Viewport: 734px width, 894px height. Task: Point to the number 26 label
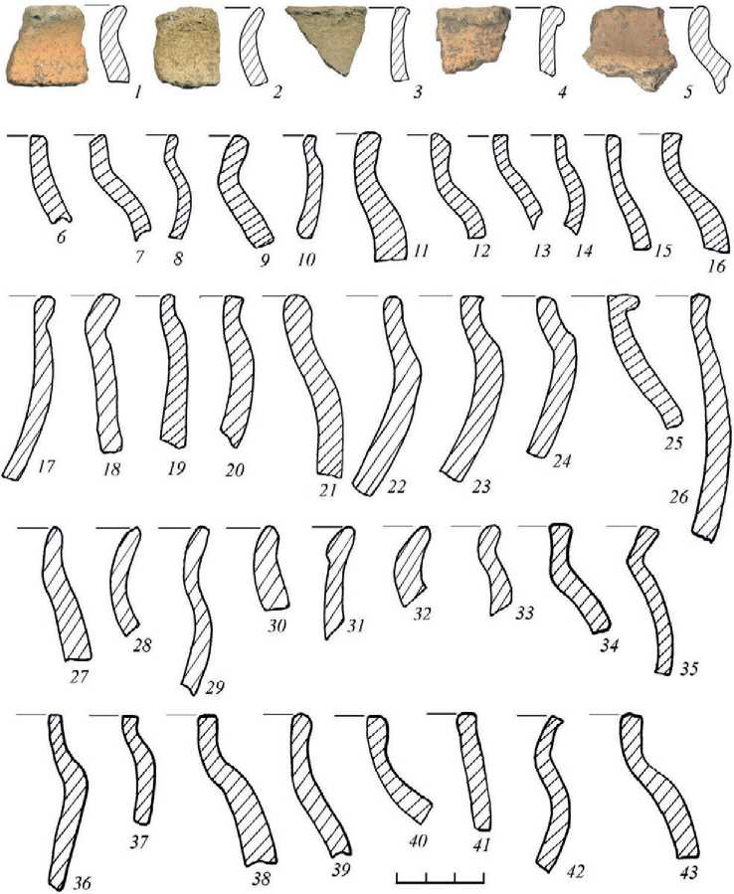[x=679, y=497]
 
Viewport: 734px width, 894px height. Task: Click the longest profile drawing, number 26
[x=710, y=417]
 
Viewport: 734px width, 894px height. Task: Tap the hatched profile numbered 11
[x=379, y=196]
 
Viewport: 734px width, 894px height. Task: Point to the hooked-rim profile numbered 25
[x=643, y=359]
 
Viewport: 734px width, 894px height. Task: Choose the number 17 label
[x=46, y=467]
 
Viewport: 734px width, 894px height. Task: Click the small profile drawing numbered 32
[x=412, y=565]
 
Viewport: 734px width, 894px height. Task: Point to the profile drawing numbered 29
[x=196, y=609]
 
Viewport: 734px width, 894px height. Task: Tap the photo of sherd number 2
[x=188, y=48]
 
